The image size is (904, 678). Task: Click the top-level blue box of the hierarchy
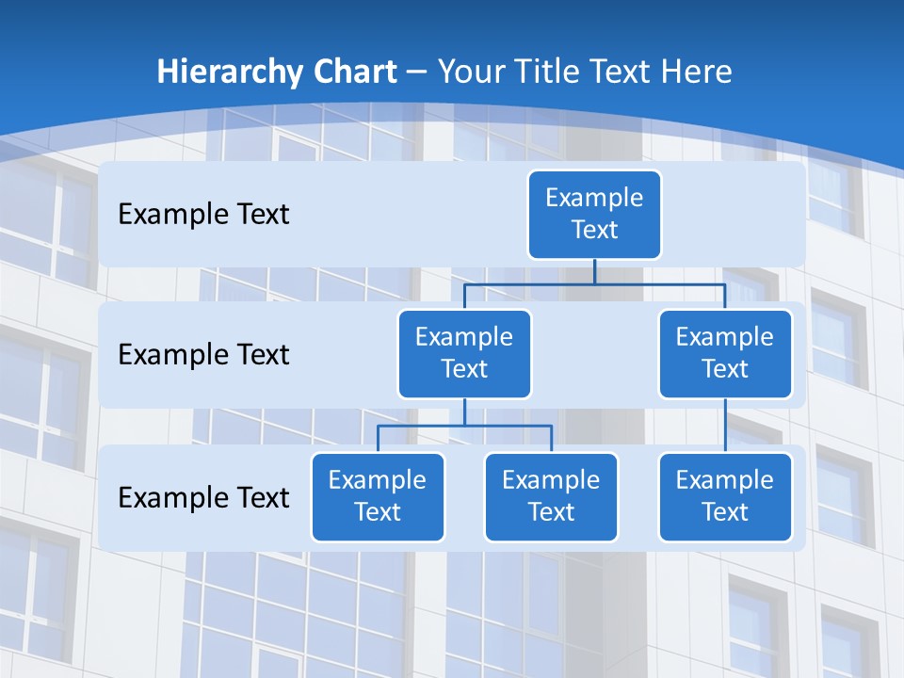point(594,214)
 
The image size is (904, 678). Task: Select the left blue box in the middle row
point(464,353)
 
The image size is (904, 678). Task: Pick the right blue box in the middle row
point(725,353)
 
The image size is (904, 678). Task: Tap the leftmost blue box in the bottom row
point(378,496)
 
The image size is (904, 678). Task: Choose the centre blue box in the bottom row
point(551,496)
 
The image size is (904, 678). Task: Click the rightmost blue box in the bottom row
point(725,496)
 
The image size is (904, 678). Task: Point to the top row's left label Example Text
point(203,214)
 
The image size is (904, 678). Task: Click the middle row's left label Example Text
point(203,354)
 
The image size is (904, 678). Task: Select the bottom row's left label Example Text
point(203,497)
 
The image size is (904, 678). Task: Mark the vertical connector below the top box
point(594,271)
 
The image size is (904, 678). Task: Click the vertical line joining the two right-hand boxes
point(725,425)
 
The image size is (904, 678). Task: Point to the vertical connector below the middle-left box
point(464,412)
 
